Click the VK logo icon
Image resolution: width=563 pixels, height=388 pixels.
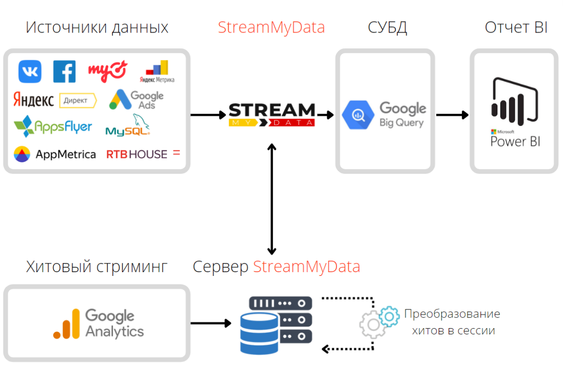30,72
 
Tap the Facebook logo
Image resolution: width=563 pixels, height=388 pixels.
64,72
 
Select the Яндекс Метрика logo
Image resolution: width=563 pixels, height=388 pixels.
157,72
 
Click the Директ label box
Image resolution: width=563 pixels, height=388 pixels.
78,101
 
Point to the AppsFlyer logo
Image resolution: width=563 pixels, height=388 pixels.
53,126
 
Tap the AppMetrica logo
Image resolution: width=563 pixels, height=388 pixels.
55,154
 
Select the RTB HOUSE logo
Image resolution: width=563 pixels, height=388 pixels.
143,154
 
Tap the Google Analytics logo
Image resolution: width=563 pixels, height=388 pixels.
98,323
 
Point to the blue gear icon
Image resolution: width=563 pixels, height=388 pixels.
389,317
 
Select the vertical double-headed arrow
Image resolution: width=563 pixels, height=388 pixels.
272,199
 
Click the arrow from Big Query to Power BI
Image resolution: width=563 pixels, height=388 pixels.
452,115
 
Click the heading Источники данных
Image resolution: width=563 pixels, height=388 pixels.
97,27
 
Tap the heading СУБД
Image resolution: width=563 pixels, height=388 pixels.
387,27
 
